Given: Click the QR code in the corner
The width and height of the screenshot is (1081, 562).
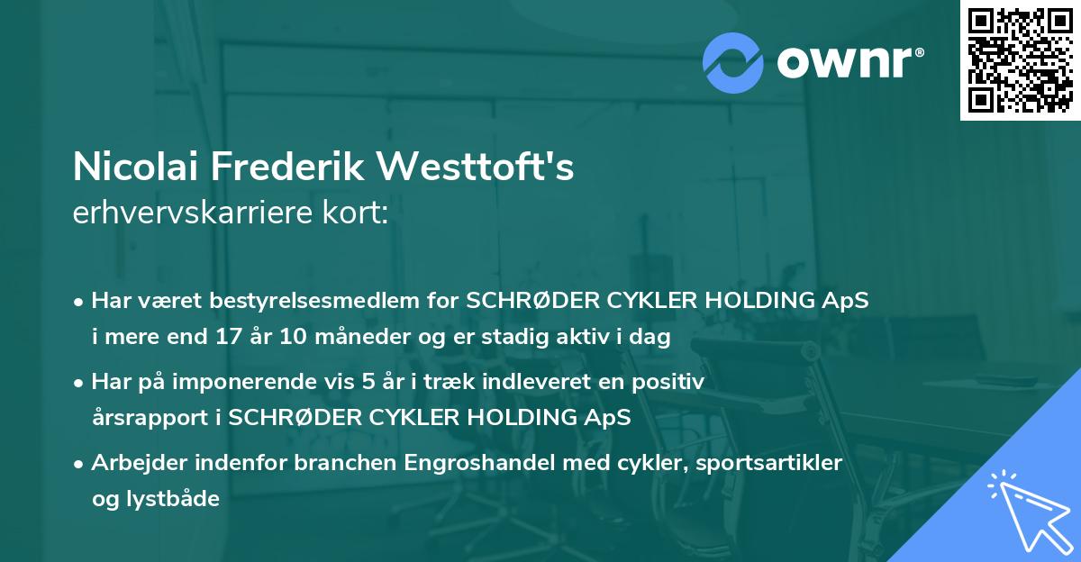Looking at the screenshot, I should pyautogui.click(x=1020, y=60).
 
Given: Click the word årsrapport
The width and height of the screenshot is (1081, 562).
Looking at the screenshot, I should pyautogui.click(x=142, y=418).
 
